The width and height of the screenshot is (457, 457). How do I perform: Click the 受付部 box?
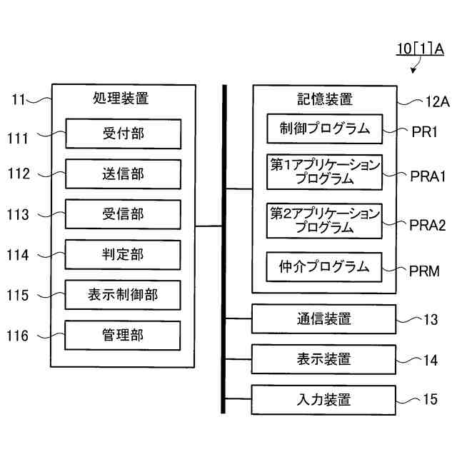tap(123, 134)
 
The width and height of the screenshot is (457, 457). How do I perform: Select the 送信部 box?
tap(123, 174)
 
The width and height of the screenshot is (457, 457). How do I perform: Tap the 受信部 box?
tap(123, 214)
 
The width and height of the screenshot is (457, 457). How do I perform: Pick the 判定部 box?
tap(123, 255)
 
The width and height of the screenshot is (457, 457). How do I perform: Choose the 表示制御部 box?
tap(123, 295)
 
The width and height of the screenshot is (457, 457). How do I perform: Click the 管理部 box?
tap(123, 335)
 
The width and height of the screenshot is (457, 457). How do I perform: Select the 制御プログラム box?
tap(324, 129)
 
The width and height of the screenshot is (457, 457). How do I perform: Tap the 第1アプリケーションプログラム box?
tap(324, 171)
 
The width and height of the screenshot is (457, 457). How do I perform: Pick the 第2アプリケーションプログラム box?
tap(324, 221)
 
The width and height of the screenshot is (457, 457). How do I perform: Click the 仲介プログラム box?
tap(324, 267)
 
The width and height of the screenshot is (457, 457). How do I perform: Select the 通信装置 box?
tap(323, 319)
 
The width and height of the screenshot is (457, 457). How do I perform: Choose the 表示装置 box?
tap(323, 359)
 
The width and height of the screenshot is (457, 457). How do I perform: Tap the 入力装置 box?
tap(323, 399)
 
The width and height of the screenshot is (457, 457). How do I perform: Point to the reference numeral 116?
tap(18, 335)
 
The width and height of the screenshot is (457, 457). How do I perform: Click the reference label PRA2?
tap(428, 225)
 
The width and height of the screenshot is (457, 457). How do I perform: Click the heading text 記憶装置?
tap(325, 99)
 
